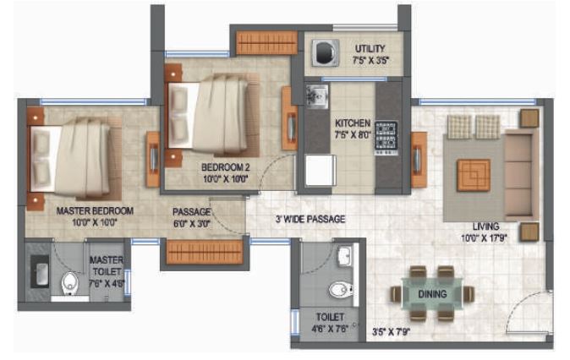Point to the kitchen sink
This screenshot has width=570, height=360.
tap(317, 96)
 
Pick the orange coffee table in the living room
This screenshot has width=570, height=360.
tap(473, 174)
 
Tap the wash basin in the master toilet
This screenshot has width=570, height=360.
tap(40, 270)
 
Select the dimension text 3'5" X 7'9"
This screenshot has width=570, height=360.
tap(392, 331)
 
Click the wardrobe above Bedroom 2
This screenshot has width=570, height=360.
tap(262, 42)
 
